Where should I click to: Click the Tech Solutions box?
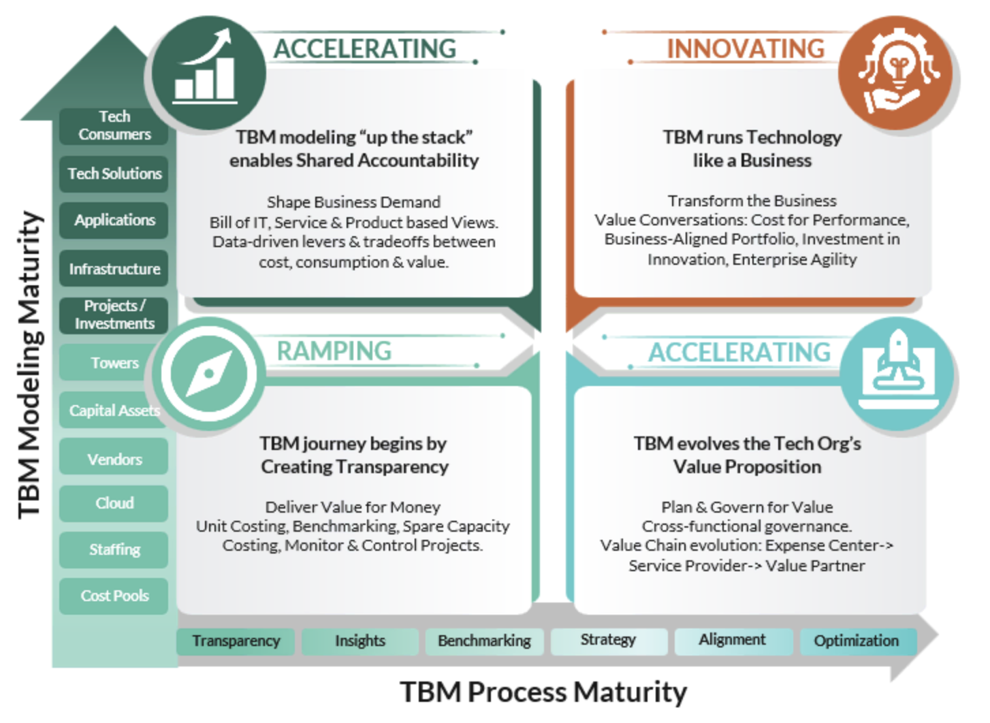[x=114, y=174]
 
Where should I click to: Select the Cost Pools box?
[x=114, y=596]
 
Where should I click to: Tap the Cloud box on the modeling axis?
[x=114, y=503]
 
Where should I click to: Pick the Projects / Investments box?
[x=114, y=315]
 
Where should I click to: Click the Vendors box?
[x=114, y=460]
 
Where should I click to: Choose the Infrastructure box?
[x=114, y=269]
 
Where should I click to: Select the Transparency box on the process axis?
[x=236, y=641]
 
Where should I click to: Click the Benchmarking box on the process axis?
[x=484, y=641]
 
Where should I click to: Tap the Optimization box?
[x=856, y=641]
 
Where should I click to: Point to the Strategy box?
[x=608, y=640]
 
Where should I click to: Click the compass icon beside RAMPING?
[x=209, y=373]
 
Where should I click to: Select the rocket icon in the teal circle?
[x=898, y=371]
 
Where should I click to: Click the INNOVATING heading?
[x=746, y=49]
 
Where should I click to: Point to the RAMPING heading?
[x=334, y=351]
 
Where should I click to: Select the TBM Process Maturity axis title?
[x=543, y=692]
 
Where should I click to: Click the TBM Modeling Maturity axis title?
[x=30, y=364]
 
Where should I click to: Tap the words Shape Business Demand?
[x=353, y=202]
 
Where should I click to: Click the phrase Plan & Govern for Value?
[x=747, y=507]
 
